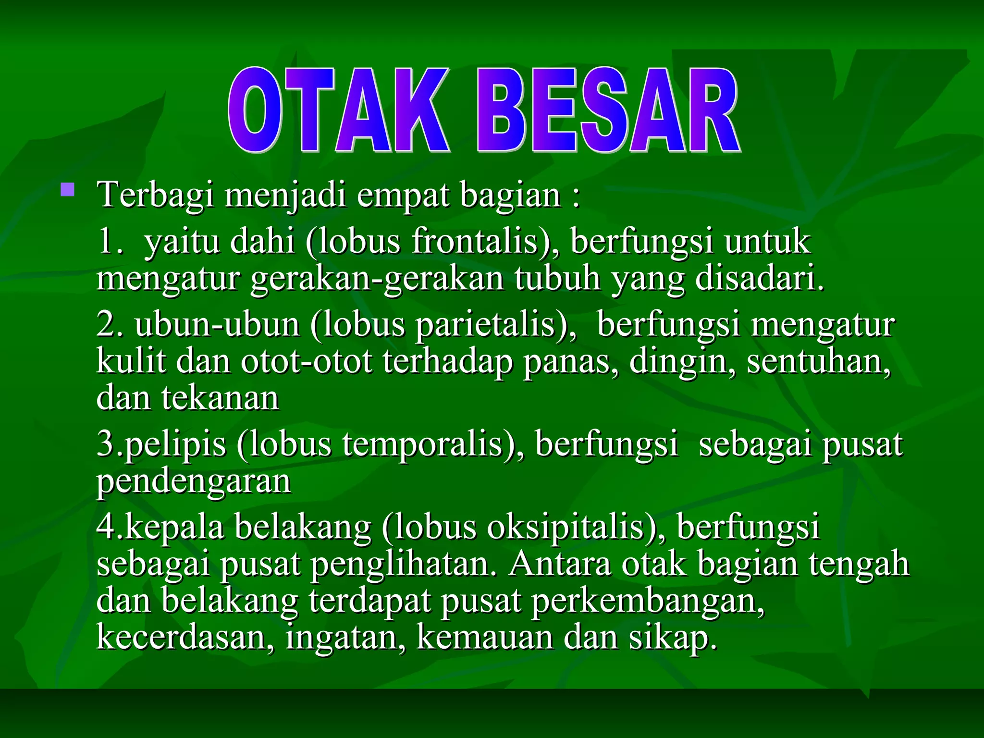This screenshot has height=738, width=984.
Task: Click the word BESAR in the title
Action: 608,111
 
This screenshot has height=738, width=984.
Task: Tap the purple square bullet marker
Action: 68,190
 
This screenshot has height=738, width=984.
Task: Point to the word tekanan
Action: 220,398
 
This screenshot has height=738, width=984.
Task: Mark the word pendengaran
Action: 194,482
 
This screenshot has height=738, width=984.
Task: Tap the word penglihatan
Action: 404,564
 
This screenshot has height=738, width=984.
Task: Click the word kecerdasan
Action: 185,638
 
